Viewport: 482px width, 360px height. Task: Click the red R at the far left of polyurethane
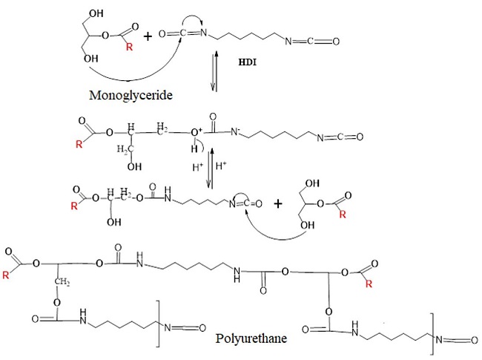click(x=7, y=275)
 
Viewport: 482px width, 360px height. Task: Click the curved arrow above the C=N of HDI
click(x=185, y=24)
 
